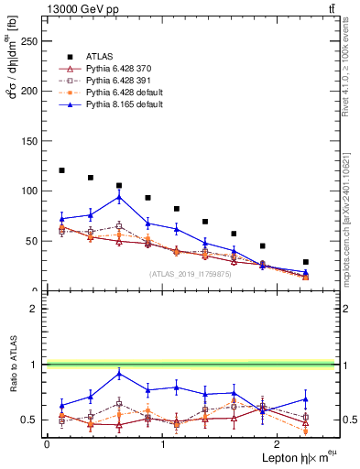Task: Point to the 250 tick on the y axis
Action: coord(31,41)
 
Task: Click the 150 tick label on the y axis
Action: coord(31,141)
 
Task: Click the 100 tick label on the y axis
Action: coord(31,191)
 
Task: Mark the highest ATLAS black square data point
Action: coord(61,170)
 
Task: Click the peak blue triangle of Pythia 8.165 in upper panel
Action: coord(119,197)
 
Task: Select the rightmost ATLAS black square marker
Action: coord(306,262)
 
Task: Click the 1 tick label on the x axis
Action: coord(162,443)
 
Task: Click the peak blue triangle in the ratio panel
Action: coord(119,373)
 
